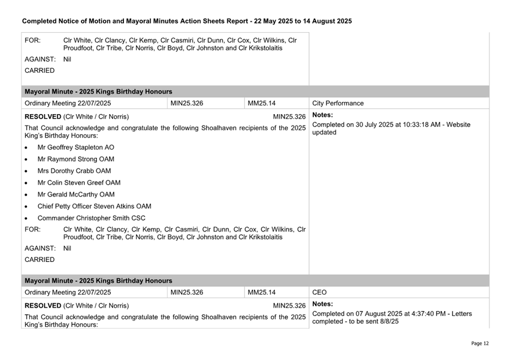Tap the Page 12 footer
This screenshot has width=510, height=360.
480,343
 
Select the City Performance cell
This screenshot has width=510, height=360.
338,104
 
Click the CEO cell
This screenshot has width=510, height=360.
320,292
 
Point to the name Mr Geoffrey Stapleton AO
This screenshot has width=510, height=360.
76,147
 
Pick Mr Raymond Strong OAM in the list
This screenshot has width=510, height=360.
76,159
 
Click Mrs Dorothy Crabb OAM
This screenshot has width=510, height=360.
74,171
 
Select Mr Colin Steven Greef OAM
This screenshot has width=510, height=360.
79,183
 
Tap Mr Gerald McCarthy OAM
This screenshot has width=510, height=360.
76,194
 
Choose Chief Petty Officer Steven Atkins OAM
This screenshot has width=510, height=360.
94,206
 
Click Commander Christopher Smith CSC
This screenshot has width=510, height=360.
91,218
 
